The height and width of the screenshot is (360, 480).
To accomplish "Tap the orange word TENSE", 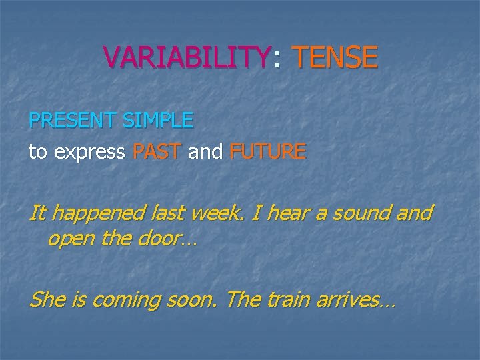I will click(x=335, y=58).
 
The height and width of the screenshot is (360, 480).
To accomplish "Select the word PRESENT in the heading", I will click(x=72, y=121).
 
